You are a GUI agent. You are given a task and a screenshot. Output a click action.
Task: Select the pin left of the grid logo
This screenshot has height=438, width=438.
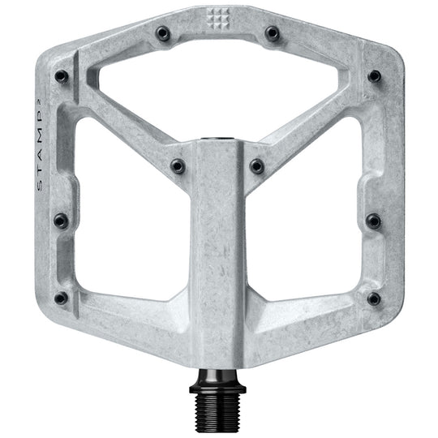tap(163, 33)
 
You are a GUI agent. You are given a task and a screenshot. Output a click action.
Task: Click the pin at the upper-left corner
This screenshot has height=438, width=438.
tap(61, 76)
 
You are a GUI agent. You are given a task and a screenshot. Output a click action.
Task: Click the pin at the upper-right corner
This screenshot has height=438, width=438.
tap(374, 76)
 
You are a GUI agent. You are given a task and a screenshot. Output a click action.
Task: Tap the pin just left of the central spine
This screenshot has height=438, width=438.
tap(177, 165)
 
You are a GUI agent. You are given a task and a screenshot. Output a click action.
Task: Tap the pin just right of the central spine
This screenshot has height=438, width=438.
tap(257, 165)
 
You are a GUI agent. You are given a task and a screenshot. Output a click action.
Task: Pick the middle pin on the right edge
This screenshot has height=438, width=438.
tap(373, 220)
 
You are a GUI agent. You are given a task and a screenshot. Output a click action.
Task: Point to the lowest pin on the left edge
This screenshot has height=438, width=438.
tap(61, 298)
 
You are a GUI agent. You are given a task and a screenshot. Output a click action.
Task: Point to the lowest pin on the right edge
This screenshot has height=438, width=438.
tap(374, 298)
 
